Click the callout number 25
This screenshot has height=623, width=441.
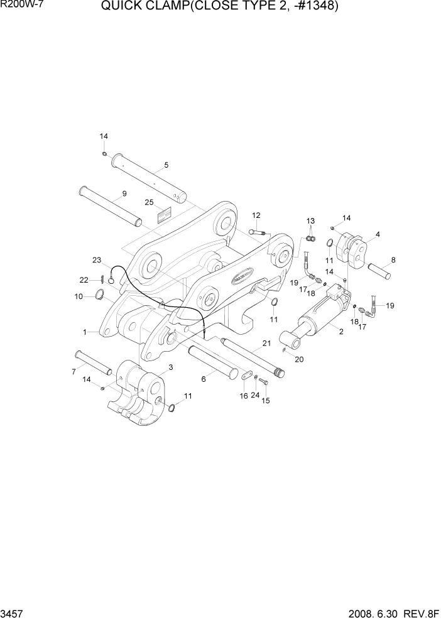point(149,202)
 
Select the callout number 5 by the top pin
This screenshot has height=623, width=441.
point(166,165)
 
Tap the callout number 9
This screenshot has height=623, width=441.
point(124,194)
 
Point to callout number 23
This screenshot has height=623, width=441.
point(97,260)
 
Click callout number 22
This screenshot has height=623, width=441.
point(84,280)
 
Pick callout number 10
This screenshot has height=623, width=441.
point(79,296)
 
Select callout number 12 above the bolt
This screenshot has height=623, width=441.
point(256,215)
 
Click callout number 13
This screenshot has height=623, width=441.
point(310,221)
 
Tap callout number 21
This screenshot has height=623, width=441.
point(266,343)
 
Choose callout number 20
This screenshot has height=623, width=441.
point(299,359)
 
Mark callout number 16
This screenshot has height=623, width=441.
point(244,396)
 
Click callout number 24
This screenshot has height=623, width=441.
point(255,396)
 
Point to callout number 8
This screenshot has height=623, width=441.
point(393,259)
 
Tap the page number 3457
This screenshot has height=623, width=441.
point(13,614)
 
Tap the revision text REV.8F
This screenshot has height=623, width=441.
point(419,614)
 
